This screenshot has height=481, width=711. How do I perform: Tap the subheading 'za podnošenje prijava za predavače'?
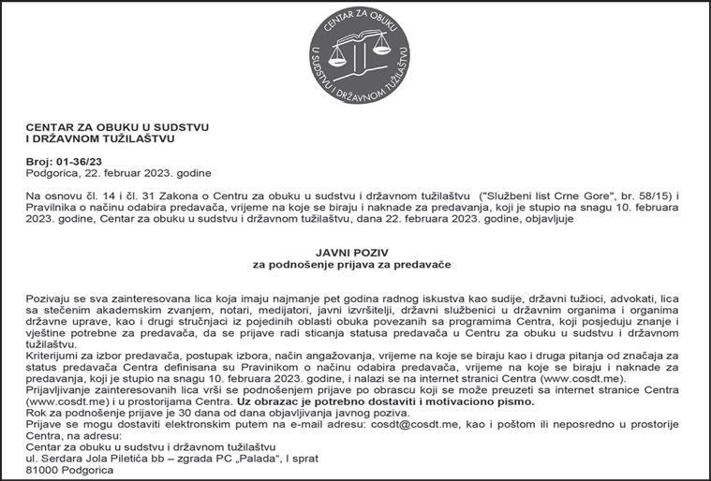coord(355,266)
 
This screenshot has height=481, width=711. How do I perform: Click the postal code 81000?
coord(41,470)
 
